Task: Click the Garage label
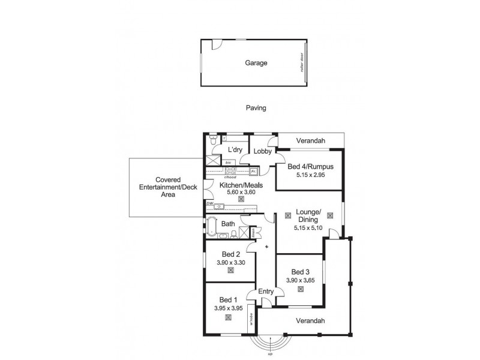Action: (x=256, y=62)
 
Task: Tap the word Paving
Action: (x=256, y=109)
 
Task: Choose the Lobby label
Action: (x=262, y=151)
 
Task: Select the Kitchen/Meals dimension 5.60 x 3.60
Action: (x=241, y=191)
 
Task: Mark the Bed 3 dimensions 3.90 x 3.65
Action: (x=300, y=280)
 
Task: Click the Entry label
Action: (x=266, y=292)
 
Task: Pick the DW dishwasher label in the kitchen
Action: (x=209, y=204)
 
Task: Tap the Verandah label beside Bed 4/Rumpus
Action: (x=310, y=141)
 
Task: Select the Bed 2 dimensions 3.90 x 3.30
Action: (x=230, y=262)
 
